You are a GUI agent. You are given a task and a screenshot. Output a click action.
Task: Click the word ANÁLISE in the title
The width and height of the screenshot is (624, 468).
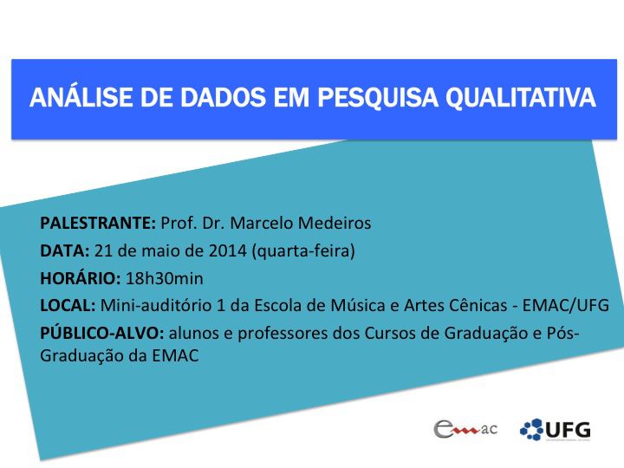[81, 97]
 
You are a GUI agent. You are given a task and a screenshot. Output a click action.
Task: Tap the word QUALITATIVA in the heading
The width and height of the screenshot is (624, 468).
[521, 98]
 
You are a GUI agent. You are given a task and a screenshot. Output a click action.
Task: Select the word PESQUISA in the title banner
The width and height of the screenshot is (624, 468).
[378, 98]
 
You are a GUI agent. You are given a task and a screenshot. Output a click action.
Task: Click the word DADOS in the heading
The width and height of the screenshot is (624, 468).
[223, 98]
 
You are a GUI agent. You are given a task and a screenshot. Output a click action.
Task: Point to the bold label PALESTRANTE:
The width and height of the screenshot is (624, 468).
[98, 223]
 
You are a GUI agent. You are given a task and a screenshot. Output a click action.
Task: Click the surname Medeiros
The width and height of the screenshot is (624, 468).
[335, 223]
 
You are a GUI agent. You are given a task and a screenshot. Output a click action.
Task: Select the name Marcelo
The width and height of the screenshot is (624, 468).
[262, 223]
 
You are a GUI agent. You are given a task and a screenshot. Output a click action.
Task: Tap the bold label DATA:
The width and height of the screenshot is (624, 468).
[65, 250]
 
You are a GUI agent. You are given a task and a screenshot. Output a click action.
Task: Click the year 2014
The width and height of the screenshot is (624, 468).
[228, 250]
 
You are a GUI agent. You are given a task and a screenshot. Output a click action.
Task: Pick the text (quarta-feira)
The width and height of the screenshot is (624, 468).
[303, 251]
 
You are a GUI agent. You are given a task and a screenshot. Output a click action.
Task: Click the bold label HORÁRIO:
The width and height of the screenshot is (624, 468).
[81, 278]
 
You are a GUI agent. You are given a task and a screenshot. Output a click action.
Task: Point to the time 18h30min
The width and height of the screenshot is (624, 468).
[165, 278]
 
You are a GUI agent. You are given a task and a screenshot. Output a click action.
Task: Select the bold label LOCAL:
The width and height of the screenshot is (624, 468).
[68, 306]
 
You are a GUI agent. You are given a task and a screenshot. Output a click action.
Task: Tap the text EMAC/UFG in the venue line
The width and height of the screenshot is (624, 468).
[565, 306]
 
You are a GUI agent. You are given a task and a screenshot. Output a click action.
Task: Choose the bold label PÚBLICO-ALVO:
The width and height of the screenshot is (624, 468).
[102, 333]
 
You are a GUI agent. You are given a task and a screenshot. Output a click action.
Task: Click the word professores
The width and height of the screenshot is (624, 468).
[283, 334]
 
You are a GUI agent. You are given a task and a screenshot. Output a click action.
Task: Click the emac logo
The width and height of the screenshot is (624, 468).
[465, 429]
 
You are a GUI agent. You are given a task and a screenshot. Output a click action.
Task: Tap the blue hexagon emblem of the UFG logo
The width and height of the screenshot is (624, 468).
[531, 429]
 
